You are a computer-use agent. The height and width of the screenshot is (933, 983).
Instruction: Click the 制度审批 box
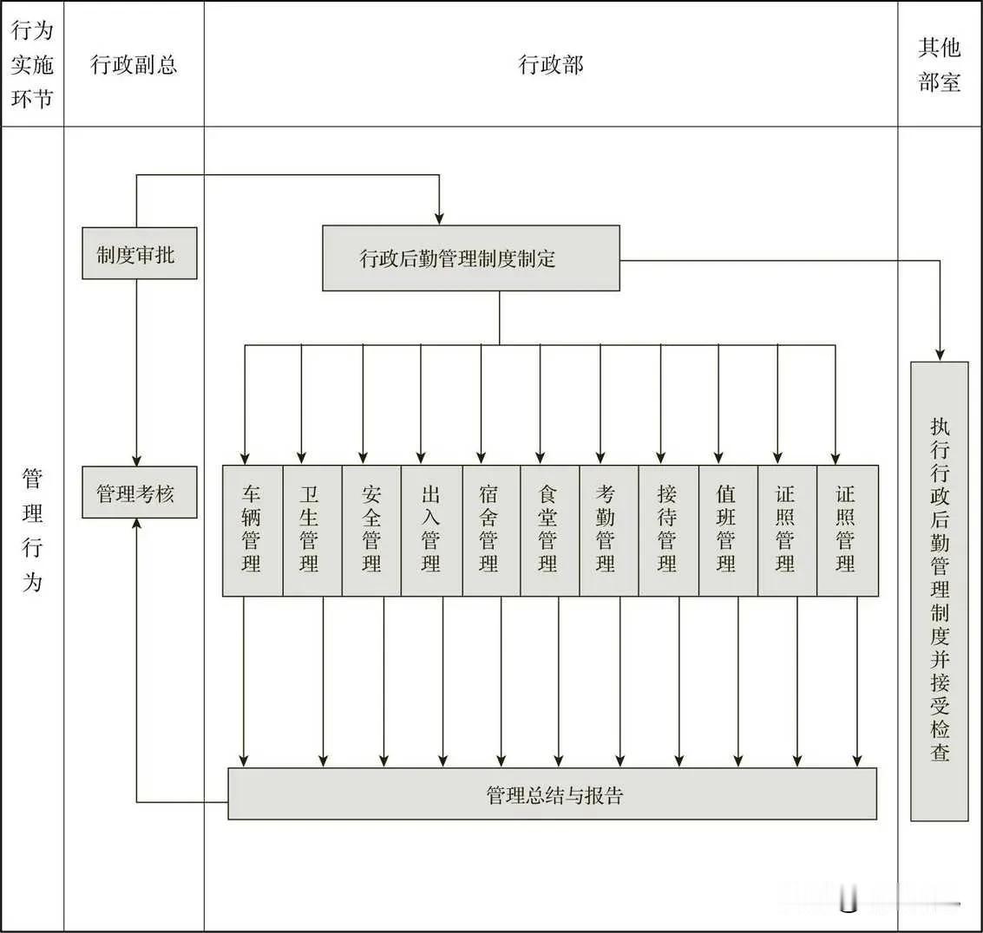140,253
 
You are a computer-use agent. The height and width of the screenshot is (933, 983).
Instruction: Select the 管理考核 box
140,493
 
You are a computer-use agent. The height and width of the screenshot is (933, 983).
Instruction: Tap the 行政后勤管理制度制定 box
471,258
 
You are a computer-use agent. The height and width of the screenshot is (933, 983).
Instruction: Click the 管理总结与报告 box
552,793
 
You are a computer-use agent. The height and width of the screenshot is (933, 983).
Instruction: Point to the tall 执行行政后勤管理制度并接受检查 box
940,591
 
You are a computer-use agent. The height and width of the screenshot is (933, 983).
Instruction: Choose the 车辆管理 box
252,531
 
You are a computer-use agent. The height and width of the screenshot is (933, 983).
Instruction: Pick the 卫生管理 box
311,531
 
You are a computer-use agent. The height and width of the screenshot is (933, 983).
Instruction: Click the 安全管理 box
371,531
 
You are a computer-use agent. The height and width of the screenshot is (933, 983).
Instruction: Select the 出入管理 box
431,531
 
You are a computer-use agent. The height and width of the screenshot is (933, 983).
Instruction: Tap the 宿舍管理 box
491,531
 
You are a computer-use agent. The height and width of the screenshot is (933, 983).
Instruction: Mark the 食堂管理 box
550,531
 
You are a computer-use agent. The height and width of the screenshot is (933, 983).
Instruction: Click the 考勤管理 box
609,531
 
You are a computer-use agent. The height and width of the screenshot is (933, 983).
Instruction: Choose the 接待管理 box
668,531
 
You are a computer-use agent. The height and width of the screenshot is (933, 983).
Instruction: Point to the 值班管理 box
728,531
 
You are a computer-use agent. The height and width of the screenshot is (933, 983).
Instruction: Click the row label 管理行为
32,529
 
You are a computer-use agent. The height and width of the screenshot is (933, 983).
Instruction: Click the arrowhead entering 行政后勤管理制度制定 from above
439,217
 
